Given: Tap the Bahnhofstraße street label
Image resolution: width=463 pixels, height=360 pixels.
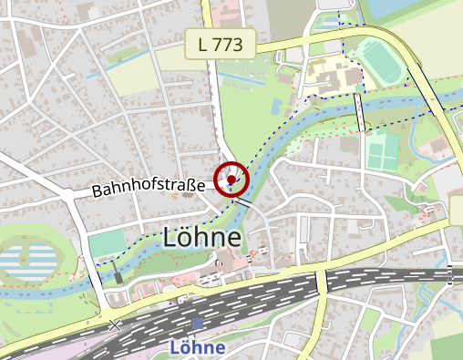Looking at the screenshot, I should click(x=148, y=189).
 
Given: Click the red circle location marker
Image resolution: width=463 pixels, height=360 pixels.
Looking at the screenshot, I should click(x=232, y=180).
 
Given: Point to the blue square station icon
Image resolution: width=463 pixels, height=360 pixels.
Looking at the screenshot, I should click(x=198, y=324).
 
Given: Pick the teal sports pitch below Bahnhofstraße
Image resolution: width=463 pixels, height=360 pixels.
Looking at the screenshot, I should click(x=108, y=243).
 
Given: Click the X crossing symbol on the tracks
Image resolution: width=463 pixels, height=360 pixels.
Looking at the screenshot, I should click(x=115, y=324).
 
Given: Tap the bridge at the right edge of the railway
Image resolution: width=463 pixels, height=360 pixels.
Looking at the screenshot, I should click(x=449, y=272).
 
